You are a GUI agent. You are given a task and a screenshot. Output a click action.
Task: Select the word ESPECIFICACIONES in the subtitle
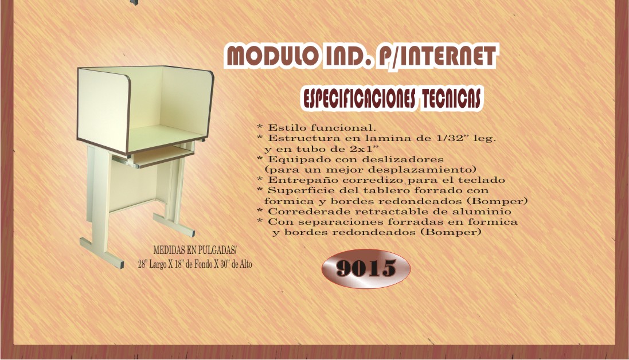click(358, 98)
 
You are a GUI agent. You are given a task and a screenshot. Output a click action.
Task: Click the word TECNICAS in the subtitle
click(450, 98)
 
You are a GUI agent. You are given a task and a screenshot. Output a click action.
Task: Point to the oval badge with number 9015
click(366, 268)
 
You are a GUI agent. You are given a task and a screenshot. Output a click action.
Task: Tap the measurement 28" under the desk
click(143, 264)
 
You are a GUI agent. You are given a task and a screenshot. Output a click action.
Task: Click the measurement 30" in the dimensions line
click(218, 264)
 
